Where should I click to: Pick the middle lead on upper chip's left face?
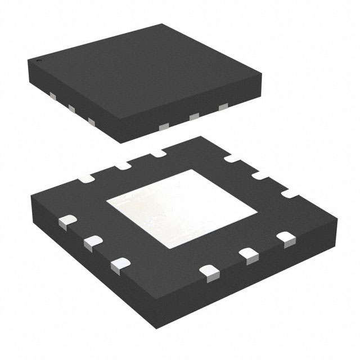pos(71,108)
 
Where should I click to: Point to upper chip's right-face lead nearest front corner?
pos(163,127)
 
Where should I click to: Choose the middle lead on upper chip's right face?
pos(195,116)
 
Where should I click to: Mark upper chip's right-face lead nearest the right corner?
pos(223,106)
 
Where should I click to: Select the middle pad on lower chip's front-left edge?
pos(91,242)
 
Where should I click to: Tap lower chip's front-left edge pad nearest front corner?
pos(119,263)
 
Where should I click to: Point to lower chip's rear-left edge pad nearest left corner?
pos(88,178)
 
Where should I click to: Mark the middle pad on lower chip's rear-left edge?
pos(122,164)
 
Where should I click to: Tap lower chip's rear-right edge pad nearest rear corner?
pos(230,161)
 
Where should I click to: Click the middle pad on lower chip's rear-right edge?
pos(260,177)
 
